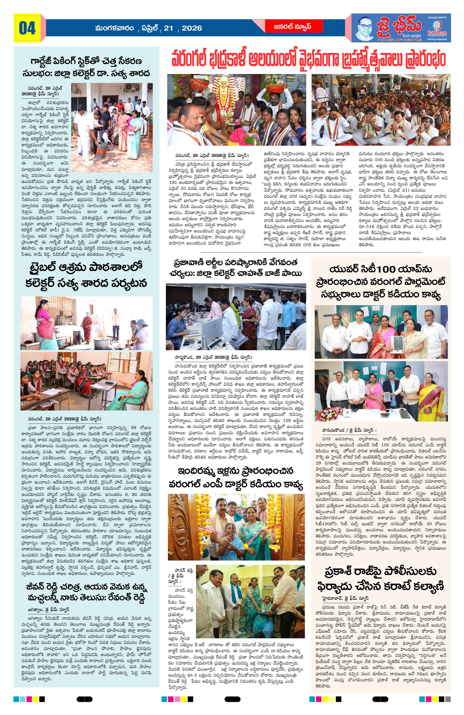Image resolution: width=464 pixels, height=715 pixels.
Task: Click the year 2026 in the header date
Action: pos(192,28)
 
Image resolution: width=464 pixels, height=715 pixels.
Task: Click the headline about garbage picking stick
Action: pos(86,67)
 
